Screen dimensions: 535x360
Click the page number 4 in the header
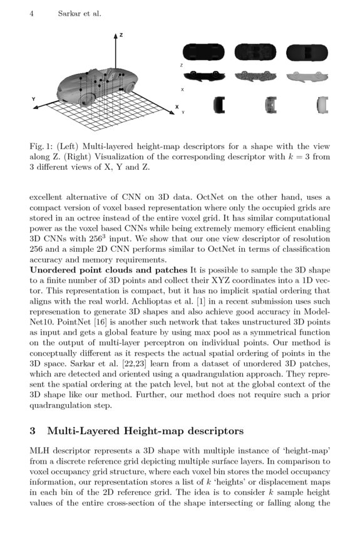click(31, 13)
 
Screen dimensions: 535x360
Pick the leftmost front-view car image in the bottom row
click(219, 104)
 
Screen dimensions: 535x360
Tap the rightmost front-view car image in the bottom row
click(322, 104)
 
